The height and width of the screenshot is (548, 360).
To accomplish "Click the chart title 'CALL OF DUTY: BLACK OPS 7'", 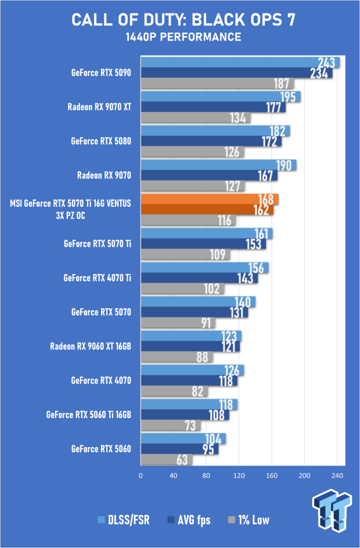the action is (183, 20).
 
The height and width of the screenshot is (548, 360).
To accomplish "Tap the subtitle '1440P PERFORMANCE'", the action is (183, 37).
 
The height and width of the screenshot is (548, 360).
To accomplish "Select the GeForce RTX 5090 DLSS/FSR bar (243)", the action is (240, 62).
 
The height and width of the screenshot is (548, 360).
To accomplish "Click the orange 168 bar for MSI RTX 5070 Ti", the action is (210, 199).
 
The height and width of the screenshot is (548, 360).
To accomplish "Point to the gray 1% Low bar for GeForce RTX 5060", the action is (167, 460).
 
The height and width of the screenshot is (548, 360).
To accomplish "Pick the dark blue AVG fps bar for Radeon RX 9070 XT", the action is (213, 107).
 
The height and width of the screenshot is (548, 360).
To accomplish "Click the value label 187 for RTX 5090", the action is (282, 84).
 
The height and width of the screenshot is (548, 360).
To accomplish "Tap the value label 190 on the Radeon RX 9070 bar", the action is (284, 165).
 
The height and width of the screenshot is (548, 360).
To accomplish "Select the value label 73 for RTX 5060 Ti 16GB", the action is (190, 426).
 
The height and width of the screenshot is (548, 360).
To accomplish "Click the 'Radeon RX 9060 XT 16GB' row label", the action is (91, 347).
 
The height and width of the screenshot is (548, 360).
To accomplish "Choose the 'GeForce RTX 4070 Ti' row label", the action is (97, 278).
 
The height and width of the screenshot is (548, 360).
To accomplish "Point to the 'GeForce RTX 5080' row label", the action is (101, 141).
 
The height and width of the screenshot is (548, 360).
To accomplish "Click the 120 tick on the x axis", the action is (239, 475).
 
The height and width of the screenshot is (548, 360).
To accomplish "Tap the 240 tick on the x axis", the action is (337, 475).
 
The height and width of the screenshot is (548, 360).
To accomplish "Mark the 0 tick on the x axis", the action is (141, 475).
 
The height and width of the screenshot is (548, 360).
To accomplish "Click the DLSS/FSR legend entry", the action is (124, 520).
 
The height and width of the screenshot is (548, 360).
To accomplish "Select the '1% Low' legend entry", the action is (249, 520).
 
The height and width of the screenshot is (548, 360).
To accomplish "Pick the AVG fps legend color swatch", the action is (171, 520).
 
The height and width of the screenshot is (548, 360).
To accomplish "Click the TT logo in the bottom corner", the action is (332, 511).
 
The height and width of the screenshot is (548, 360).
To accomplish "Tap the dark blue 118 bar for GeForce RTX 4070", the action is (189, 381).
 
